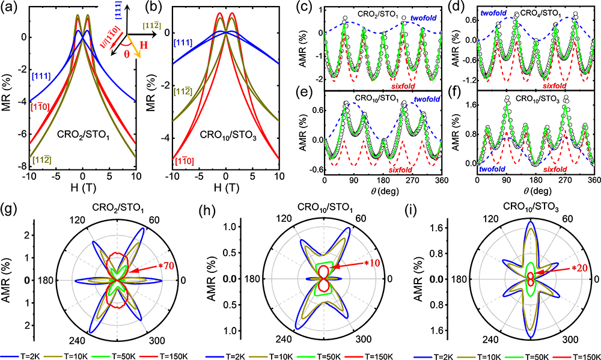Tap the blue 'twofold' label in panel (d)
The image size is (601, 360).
click(x=494, y=12)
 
